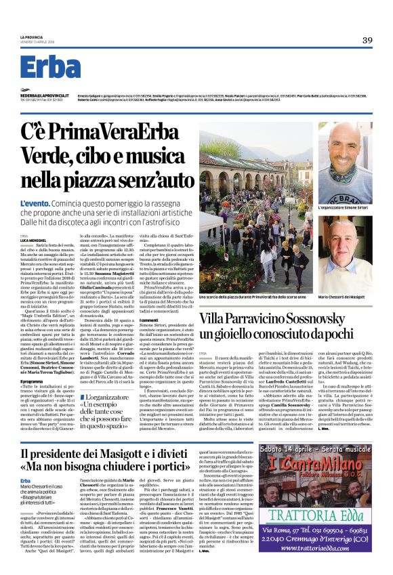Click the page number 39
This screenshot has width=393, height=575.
[x=367, y=40]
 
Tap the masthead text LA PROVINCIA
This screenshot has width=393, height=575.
[x=31, y=37]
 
